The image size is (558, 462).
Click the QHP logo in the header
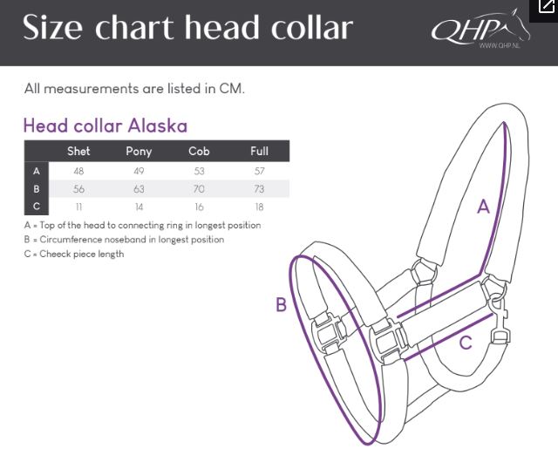click(480, 29)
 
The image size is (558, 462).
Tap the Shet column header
click(78, 152)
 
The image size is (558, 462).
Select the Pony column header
click(139, 152)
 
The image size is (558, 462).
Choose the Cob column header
click(199, 152)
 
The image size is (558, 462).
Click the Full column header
click(259, 152)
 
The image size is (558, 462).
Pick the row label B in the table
click(37, 188)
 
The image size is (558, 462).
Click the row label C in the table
click(37, 206)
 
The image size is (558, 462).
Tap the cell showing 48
click(78, 171)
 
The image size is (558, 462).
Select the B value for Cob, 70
click(199, 188)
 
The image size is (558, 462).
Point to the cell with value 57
click(260, 171)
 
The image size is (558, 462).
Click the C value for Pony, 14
click(139, 207)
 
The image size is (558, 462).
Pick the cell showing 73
click(259, 188)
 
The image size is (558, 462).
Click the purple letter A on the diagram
click(483, 207)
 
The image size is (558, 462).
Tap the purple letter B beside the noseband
click(281, 305)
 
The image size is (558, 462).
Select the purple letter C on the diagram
click(466, 343)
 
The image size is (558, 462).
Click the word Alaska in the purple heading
click(157, 126)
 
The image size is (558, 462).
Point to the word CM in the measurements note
click(232, 88)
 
